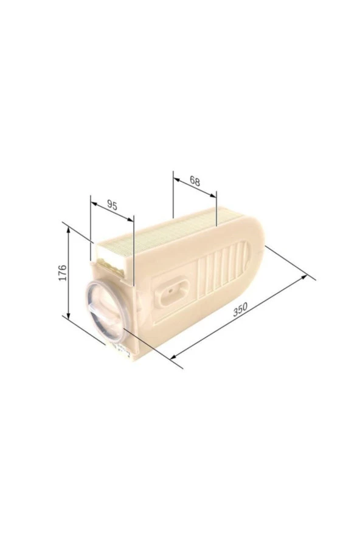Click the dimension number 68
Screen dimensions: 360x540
[195, 181]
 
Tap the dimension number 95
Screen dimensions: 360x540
[112, 205]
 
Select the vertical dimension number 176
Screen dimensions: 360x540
[63, 273]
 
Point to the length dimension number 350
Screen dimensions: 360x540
[240, 309]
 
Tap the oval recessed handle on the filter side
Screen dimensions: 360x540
[172, 292]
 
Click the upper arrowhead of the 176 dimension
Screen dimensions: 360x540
[69, 230]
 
